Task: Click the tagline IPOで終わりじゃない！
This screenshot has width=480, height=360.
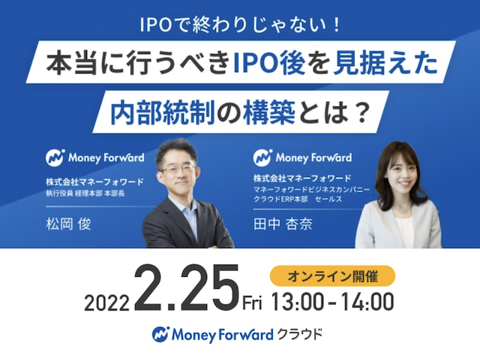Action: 240,25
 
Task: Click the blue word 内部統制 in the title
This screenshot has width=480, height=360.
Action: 162,112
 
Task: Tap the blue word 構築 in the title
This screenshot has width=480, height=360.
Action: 269,112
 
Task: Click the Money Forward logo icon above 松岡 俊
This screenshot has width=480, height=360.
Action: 55,157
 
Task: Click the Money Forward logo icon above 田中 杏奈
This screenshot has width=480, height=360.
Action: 262,157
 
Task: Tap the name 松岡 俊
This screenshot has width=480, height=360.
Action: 68,223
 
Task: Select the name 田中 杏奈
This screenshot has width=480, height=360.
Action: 283,223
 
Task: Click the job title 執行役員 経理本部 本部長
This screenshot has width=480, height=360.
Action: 85,193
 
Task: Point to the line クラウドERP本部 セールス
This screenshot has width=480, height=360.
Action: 298,199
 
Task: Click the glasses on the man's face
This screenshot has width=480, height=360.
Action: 178,169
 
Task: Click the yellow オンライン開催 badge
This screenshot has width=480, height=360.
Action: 332,276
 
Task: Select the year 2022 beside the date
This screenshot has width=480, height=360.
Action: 106,304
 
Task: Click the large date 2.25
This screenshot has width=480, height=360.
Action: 187,287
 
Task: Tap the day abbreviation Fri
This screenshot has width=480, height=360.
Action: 252,303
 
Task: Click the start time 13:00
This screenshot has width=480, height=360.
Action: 297,302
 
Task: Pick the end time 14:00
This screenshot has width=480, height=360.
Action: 367,302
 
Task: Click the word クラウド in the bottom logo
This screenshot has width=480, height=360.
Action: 300,334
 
